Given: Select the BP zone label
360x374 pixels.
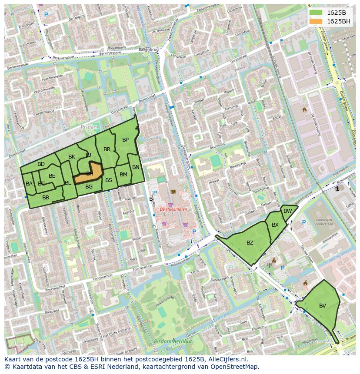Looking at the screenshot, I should click(x=125, y=140).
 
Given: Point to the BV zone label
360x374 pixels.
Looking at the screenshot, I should click(x=322, y=306).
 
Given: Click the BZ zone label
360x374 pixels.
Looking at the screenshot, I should click(x=250, y=243).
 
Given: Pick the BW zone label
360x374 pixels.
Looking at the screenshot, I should click(x=287, y=211).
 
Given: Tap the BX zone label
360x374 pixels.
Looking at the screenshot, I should click(x=275, y=225).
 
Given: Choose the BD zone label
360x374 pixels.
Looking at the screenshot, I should click(x=41, y=164).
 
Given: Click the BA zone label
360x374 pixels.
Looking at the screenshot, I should click(x=29, y=184).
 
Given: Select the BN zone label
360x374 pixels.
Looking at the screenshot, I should click(x=136, y=167).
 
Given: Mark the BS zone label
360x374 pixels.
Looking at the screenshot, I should click(x=109, y=180).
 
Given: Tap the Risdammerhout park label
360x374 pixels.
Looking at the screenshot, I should click(x=173, y=341).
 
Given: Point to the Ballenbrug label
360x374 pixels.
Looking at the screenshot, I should click(x=148, y=50).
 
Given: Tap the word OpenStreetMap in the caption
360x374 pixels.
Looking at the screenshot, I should click(x=235, y=367).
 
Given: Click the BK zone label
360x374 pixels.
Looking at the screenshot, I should click(x=72, y=157).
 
